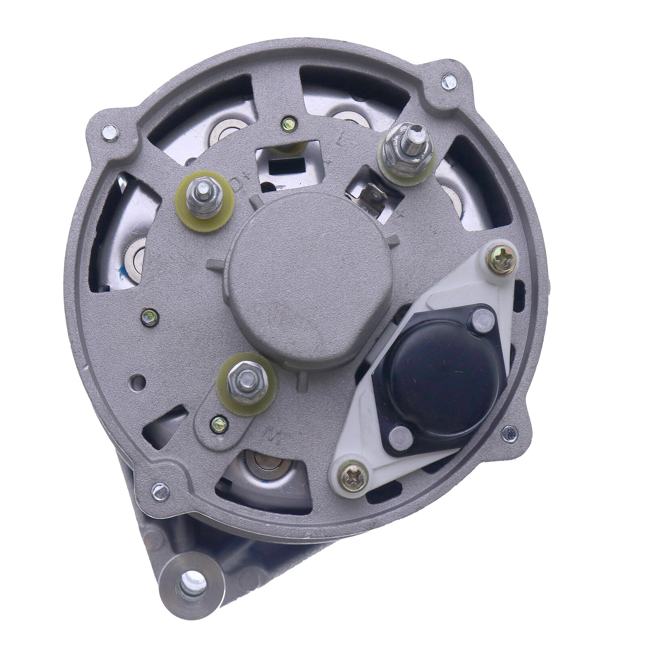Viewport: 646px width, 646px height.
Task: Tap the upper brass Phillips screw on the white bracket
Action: coord(502,259)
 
